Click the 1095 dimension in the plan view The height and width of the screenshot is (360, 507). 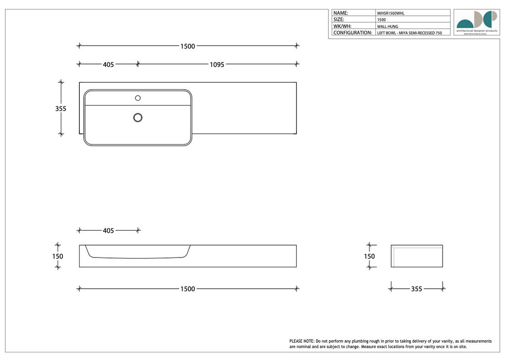click(217, 64)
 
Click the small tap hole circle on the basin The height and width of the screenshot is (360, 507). click(138, 98)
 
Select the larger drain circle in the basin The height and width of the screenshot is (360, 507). click(138, 117)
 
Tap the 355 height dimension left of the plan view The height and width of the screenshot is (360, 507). click(60, 108)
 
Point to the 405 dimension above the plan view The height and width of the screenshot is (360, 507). click(108, 64)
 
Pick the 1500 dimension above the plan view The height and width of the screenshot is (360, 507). click(187, 46)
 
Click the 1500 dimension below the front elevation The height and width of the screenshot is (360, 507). click(187, 289)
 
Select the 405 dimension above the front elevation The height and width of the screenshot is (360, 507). click(108, 231)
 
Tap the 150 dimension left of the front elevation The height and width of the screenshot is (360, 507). click(58, 257)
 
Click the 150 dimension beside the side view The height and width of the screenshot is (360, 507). click(369, 257)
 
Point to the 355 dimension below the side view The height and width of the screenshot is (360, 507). click(416, 289)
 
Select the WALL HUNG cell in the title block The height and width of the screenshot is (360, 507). click(387, 26)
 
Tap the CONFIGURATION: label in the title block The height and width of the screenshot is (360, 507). click(353, 33)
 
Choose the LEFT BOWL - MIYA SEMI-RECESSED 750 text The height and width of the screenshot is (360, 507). click(409, 33)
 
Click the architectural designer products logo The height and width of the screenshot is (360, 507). click(476, 21)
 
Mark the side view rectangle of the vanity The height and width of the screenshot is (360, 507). click(416, 256)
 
